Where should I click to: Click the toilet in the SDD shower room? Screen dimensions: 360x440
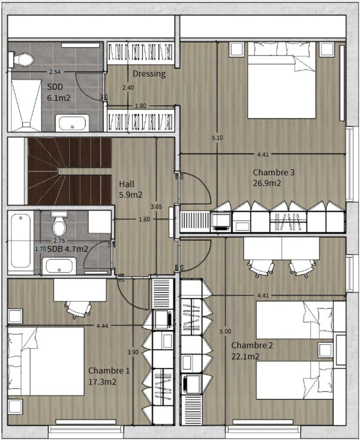click(21, 59)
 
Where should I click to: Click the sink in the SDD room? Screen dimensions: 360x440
click(72, 123)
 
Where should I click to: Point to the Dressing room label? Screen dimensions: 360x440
click(149, 74)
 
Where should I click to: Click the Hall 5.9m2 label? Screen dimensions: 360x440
click(131, 189)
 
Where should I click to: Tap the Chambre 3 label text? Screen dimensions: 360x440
click(274, 172)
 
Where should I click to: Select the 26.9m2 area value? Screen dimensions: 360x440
click(267, 183)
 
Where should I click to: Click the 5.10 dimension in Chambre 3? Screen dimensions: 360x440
click(217, 138)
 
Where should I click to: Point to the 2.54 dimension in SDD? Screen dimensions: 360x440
click(55, 72)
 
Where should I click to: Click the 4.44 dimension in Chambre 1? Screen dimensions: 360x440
click(102, 326)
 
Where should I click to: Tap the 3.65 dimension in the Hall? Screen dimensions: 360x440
click(156, 207)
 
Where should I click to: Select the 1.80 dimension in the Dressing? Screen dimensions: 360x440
click(140, 106)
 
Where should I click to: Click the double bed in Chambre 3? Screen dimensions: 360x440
click(282, 80)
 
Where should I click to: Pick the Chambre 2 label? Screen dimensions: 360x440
click(252, 345)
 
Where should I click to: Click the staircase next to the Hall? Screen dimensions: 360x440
click(70, 171)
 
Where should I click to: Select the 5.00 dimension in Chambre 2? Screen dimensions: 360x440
click(225, 331)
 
